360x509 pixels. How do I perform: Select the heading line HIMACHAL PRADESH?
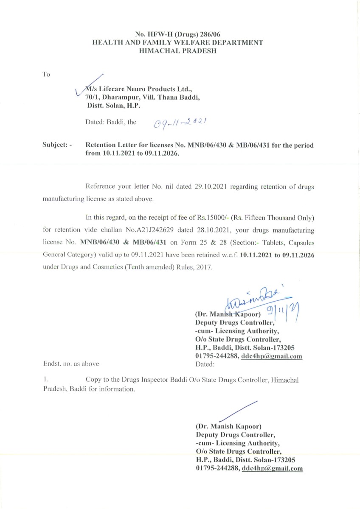coord(178,50)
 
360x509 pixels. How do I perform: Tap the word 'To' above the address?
coord(46,75)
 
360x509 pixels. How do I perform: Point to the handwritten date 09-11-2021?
coord(180,123)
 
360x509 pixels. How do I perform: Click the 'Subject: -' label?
coord(57,145)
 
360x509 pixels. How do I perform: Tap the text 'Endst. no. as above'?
coord(71,364)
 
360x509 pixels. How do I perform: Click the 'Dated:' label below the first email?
coord(205,364)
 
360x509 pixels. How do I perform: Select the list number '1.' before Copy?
coord(46,380)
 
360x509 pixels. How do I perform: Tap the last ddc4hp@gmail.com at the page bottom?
coord(272,468)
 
